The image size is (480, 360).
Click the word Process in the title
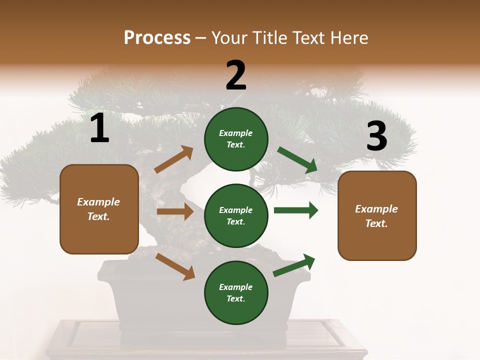[157, 38]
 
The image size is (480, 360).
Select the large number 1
[99, 128]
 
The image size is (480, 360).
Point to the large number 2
[236, 75]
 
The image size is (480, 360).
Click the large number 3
[376, 136]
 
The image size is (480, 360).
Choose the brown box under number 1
[99, 209]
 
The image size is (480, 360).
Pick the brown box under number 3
[377, 215]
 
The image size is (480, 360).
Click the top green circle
[236, 139]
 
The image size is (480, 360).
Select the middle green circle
[236, 215]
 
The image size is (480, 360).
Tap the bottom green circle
[236, 292]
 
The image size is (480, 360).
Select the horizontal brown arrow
[175, 211]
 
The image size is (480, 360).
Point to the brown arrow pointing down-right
[175, 266]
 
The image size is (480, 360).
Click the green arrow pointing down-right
[297, 160]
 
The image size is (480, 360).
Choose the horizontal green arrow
[295, 210]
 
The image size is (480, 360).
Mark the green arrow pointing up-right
[294, 265]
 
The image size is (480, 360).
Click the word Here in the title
[347, 38]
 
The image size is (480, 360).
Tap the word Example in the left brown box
[98, 202]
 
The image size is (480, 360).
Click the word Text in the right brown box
[375, 223]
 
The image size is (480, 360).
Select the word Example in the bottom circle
[236, 287]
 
